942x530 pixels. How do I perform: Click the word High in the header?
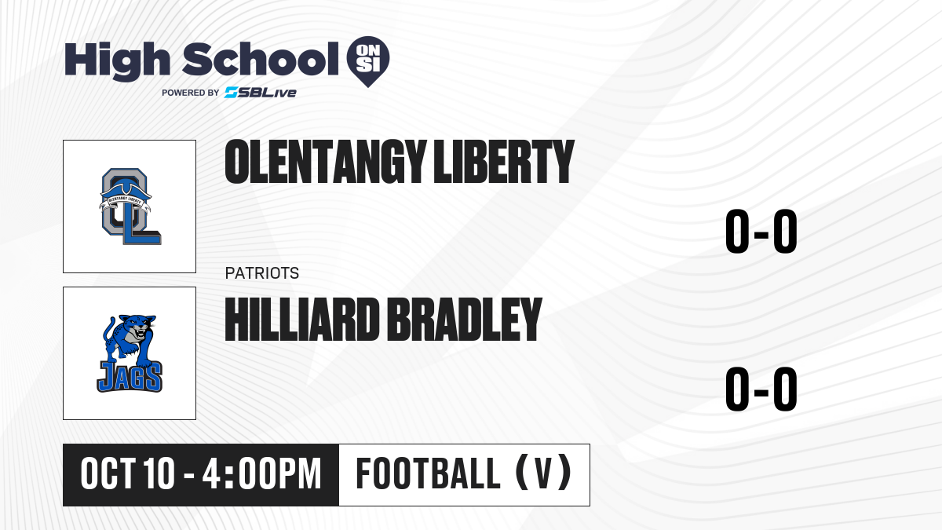[x=117, y=60]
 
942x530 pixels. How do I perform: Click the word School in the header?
[x=261, y=58]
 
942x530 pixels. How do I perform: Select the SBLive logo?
[x=261, y=93]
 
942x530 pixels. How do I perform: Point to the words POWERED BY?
[x=191, y=93]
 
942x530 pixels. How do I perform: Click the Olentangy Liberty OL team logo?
[x=130, y=206]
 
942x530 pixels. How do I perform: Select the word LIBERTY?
[x=504, y=162]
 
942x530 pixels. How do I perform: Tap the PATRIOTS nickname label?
[x=262, y=273]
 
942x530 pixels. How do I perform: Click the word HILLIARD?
[x=302, y=320]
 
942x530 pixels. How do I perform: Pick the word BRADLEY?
[x=464, y=320]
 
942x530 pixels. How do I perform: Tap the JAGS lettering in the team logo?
[x=130, y=377]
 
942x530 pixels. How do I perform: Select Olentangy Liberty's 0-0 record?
[x=761, y=231]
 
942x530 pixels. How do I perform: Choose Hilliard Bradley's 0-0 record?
[x=761, y=389]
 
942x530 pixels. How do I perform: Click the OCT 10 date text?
[x=127, y=473]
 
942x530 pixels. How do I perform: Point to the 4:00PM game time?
[x=261, y=473]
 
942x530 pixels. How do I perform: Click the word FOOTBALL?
[x=428, y=473]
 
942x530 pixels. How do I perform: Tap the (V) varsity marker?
[x=543, y=473]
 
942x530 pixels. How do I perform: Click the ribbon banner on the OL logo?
[x=126, y=201]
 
